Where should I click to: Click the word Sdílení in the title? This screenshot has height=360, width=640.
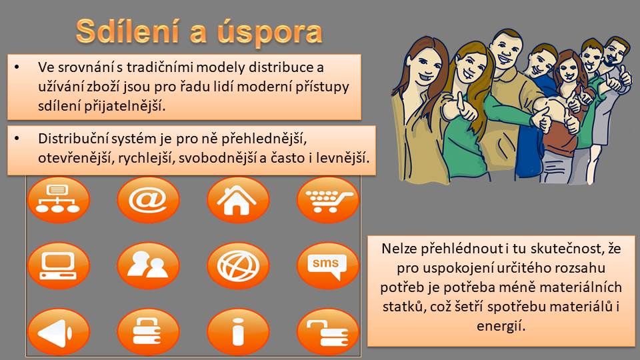point(127,31)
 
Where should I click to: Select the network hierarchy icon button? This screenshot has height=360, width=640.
point(59,199)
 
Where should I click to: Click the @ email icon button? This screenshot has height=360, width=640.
point(148,199)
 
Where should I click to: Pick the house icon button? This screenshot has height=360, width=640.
point(238,199)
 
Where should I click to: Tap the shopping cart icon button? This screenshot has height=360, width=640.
point(328,199)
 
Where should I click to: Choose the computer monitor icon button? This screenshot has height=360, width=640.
point(59,266)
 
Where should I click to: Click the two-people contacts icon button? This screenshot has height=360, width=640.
point(148,266)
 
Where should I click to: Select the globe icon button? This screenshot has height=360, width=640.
point(238,266)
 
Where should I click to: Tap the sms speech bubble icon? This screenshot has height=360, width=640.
point(328,266)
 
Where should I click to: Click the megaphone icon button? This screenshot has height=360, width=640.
point(59,332)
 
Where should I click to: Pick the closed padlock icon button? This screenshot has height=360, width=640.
point(148,332)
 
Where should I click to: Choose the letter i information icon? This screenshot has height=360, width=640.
point(238,332)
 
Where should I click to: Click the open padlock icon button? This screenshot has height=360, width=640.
point(328,332)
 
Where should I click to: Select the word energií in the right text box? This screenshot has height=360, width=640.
point(501,326)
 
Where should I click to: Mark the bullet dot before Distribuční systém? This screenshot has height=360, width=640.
point(17,139)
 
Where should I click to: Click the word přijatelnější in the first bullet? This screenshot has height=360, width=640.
point(125,106)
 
